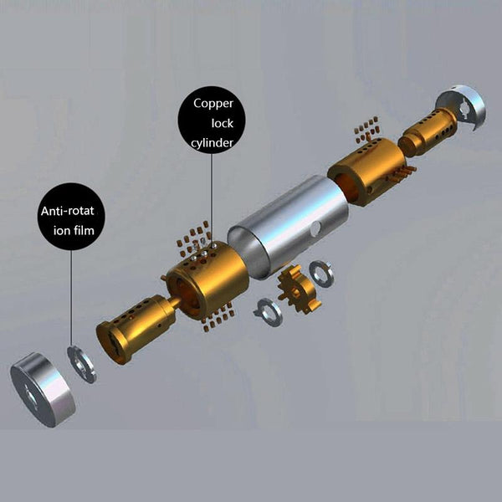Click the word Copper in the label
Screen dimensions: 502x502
pyautogui.click(x=213, y=105)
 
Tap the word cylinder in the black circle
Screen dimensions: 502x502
pyautogui.click(x=212, y=143)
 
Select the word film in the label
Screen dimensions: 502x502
pyautogui.click(x=85, y=230)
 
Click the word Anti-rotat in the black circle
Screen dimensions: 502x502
pyautogui.click(x=67, y=211)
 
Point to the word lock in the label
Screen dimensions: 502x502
pyautogui.click(x=223, y=123)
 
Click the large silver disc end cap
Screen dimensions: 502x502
pyautogui.click(x=43, y=390)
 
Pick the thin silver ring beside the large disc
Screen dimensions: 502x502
pyautogui.click(x=82, y=364)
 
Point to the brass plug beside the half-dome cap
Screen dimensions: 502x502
pyautogui.click(x=427, y=132)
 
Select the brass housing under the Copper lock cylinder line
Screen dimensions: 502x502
pyautogui.click(x=207, y=279)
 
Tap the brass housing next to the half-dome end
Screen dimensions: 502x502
pyautogui.click(x=369, y=172)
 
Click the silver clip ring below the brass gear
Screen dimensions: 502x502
pyautogui.click(x=269, y=312)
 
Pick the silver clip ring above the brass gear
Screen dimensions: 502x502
pyautogui.click(x=322, y=274)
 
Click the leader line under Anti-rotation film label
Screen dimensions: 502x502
pyautogui.click(x=71, y=299)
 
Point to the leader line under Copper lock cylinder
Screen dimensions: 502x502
pyautogui.click(x=212, y=198)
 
